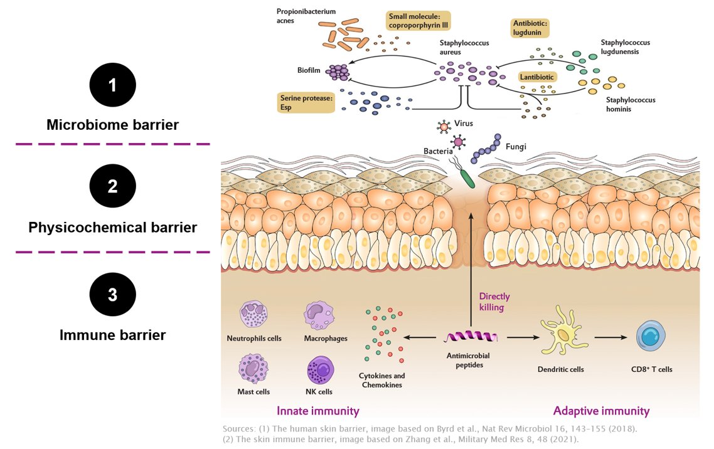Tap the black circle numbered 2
tap(112, 187)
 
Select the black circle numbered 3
tap(112, 294)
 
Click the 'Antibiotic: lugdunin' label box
tap(530, 28)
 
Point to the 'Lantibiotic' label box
tap(538, 77)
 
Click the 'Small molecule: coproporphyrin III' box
tap(420, 22)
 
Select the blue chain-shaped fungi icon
tap(487, 149)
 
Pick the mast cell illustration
tap(253, 369)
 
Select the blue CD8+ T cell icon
tap(651, 337)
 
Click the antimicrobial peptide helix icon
tap(470, 337)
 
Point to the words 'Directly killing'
tap(494, 302)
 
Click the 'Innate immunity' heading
tap(318, 411)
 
